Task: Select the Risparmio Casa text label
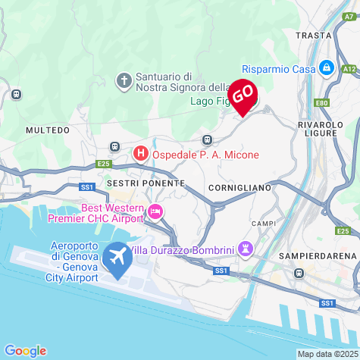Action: pos(278,69)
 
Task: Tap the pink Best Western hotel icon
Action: pos(155,211)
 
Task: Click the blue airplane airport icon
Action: pos(117,258)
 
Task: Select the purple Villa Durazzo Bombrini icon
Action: pos(245,249)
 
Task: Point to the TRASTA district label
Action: pos(314,35)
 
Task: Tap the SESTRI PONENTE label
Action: pos(146,183)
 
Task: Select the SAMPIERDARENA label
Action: pos(317,256)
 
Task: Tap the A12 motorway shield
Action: pos(349,69)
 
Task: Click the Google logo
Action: pos(25,350)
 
